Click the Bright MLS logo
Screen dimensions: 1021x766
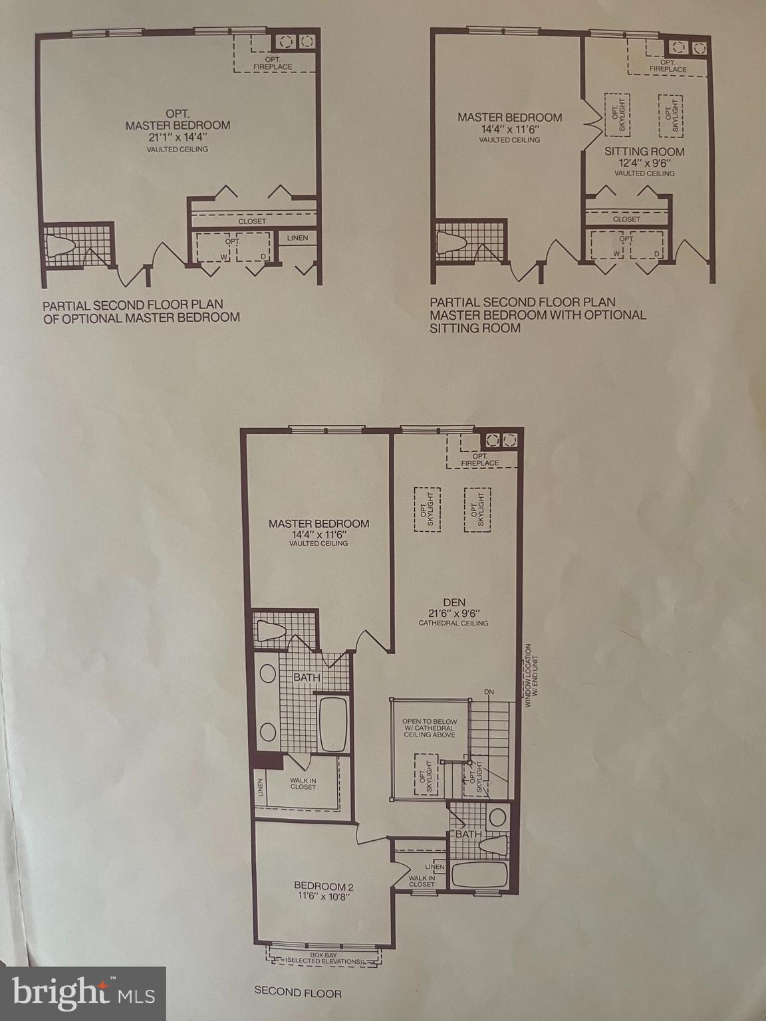[83, 994]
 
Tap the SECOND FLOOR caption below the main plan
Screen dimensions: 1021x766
[298, 994]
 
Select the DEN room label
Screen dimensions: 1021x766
[453, 602]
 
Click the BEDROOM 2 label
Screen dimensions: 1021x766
[324, 885]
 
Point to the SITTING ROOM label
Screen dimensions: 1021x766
[644, 152]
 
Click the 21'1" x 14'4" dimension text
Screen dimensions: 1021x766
[178, 138]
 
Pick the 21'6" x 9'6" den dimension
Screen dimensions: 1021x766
[453, 613]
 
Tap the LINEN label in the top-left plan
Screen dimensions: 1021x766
[298, 237]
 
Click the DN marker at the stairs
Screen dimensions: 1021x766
[489, 692]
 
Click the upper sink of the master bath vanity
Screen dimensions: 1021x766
[267, 674]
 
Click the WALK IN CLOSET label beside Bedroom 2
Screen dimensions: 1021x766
[422, 880]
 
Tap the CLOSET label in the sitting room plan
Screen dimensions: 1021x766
[626, 219]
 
